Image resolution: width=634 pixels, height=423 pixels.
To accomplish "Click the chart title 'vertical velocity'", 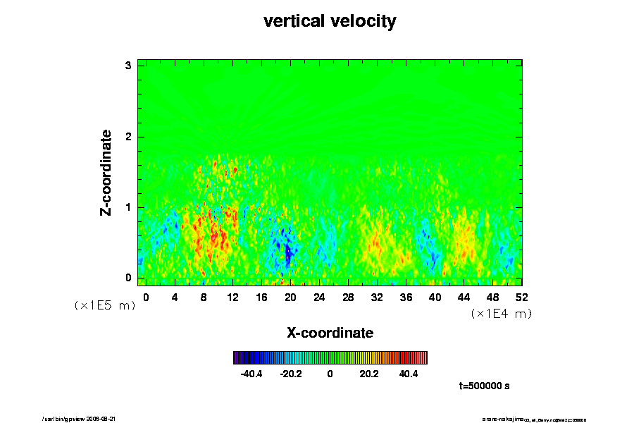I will pyautogui.click(x=330, y=21).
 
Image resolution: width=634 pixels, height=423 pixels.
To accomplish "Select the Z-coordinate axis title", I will pyautogui.click(x=106, y=172).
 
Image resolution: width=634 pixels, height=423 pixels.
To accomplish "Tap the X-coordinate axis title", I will pyautogui.click(x=330, y=332).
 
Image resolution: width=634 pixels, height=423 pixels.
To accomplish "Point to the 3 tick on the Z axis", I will pyautogui.click(x=129, y=66).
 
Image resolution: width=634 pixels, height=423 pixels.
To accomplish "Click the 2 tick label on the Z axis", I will pyautogui.click(x=129, y=136).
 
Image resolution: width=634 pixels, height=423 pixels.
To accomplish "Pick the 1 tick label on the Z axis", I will pyautogui.click(x=129, y=207).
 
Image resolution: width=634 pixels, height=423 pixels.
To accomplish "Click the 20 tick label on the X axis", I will pyautogui.click(x=290, y=298).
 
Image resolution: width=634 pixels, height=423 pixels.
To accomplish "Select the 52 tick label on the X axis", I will pyautogui.click(x=521, y=298).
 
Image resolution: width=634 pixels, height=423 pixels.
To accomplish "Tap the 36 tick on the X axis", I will pyautogui.click(x=406, y=298).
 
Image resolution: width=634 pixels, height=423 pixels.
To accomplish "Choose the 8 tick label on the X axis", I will pyautogui.click(x=204, y=298).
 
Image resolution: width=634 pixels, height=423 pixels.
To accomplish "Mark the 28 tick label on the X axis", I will pyautogui.click(x=348, y=298).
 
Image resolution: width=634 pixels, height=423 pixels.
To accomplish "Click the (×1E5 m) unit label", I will pyautogui.click(x=105, y=305).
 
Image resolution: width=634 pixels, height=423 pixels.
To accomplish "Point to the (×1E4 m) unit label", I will pyautogui.click(x=501, y=314).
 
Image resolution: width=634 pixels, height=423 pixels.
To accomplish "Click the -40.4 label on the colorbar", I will pyautogui.click(x=251, y=374).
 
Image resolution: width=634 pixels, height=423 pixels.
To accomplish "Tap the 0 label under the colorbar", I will pyautogui.click(x=330, y=374).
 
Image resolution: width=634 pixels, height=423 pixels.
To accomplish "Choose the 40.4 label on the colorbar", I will pyautogui.click(x=409, y=374).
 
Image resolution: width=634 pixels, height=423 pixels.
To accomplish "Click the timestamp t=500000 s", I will pyautogui.click(x=484, y=386).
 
